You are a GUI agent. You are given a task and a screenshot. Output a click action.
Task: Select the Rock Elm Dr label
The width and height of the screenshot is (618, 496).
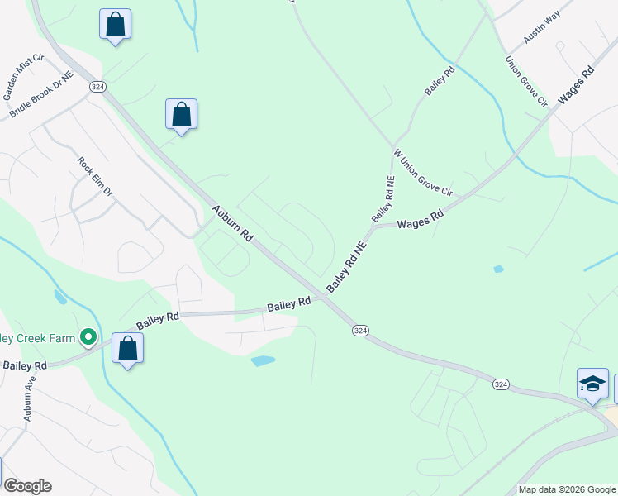[94, 176]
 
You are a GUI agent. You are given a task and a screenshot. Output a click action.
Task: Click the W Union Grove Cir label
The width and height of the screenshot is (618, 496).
[423, 172]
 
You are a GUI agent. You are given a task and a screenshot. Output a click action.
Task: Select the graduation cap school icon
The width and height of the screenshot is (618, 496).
[592, 384]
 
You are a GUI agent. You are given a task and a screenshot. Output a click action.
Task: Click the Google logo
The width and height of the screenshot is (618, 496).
[27, 486]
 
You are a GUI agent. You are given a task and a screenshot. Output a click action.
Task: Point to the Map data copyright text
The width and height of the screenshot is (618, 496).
[567, 489]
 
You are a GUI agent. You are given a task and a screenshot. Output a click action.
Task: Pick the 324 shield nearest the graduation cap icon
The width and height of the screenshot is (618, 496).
[501, 384]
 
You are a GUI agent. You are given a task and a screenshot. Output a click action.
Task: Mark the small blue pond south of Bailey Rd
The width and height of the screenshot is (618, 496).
[263, 361]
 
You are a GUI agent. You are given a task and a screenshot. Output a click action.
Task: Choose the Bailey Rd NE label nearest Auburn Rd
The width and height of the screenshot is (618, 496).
[345, 266]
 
